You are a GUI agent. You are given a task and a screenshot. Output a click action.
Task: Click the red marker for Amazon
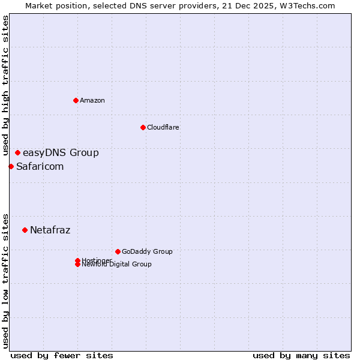pos(76,100)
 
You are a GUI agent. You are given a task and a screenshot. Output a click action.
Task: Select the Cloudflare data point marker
pos(143,127)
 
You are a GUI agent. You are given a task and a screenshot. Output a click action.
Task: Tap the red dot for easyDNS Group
pos(17,152)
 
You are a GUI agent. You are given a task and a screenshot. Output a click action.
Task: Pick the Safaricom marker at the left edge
pos(11,166)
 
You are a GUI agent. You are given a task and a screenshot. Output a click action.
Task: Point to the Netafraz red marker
pos(25,230)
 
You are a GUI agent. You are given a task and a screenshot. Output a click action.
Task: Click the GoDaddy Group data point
pos(118,251)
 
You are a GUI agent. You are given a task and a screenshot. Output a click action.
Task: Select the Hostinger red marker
pos(77,260)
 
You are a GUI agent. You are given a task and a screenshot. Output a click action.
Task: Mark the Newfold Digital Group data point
pos(77,265)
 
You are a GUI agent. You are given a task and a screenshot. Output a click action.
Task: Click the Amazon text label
pos(92,100)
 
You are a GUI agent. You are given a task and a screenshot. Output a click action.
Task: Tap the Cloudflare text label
pos(163,127)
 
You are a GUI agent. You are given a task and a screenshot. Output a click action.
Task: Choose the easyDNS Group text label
pos(61,152)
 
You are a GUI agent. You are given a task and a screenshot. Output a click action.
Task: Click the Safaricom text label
pos(40,166)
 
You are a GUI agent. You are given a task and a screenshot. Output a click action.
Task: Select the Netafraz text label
pos(50,230)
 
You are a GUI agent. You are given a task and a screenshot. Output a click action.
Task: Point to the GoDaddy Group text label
pos(147,251)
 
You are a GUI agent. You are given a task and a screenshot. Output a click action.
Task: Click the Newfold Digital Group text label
pos(117,265)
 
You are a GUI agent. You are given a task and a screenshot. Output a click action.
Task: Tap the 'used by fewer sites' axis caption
pos(62,355)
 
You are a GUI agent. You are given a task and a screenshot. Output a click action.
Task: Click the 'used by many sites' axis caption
pos(301,355)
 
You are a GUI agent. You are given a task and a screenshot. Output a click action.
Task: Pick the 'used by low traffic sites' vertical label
pos(5,281)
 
